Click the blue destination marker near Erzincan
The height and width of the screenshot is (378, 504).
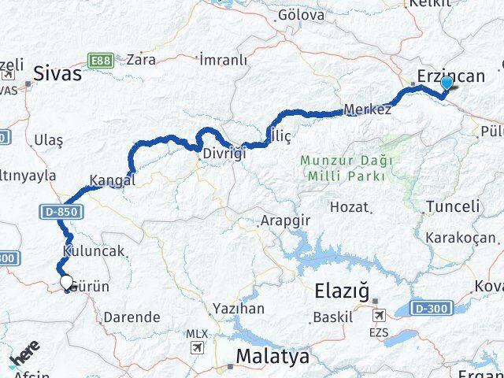[x=447, y=83]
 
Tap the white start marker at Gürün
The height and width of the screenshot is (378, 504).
[x=65, y=281]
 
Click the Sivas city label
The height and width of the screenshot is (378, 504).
[x=57, y=75]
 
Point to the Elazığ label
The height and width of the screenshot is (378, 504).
[x=341, y=291]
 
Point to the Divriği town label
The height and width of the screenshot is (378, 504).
[x=224, y=153]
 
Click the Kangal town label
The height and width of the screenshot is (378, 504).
[x=113, y=180]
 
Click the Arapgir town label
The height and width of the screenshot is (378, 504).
[x=285, y=221]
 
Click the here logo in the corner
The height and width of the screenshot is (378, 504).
[x=22, y=349]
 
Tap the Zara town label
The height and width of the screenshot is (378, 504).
[x=141, y=59]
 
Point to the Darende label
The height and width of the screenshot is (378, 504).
[x=134, y=317]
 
